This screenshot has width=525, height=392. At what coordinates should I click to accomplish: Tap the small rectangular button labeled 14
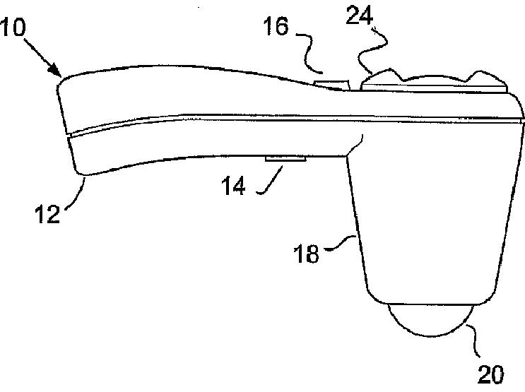point(285,160)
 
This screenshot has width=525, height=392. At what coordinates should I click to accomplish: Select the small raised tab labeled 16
point(332,84)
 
